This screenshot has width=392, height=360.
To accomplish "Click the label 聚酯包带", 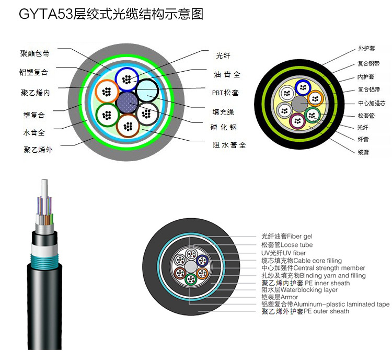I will [35, 53].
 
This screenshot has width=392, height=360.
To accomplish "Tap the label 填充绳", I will [223, 111].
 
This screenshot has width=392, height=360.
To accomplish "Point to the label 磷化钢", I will [225, 127].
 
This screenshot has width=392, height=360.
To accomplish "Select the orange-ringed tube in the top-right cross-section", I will [315, 97].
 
